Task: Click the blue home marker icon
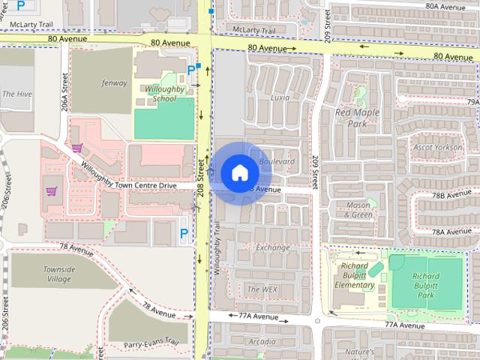239,173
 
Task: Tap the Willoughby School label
164,93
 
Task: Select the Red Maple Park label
355,118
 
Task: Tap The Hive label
16,94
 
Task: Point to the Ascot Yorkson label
438,147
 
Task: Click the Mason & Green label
358,209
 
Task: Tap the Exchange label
272,247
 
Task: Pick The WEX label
262,289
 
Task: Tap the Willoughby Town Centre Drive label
129,174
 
